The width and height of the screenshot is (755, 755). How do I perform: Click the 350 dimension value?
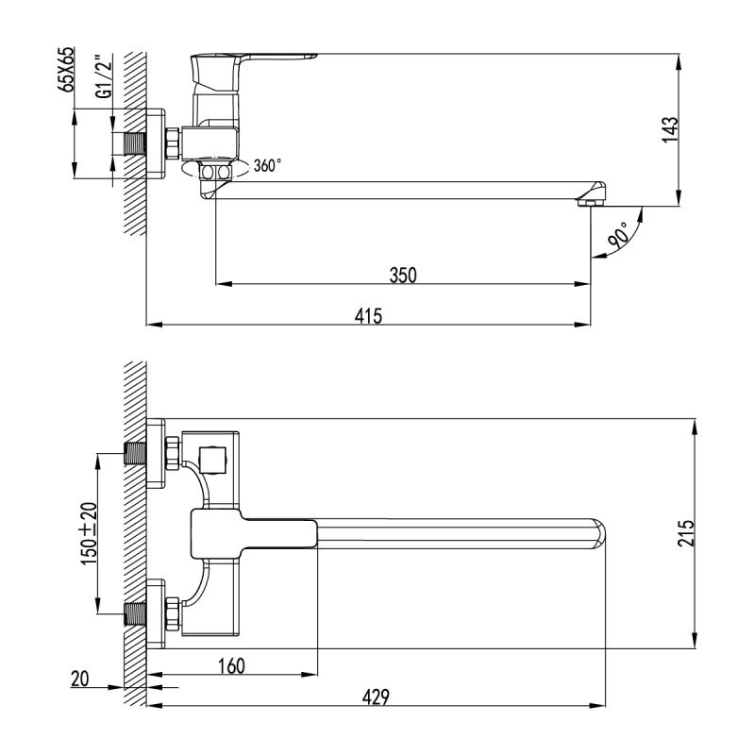pos(403,275)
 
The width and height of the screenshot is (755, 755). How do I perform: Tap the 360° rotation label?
pos(267,166)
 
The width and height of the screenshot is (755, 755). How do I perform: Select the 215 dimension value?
pos(686,534)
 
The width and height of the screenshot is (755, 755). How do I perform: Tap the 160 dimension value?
pos(231,666)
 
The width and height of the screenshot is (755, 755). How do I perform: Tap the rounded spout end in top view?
pos(600,533)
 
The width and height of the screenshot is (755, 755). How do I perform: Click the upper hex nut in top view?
pos(173,453)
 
